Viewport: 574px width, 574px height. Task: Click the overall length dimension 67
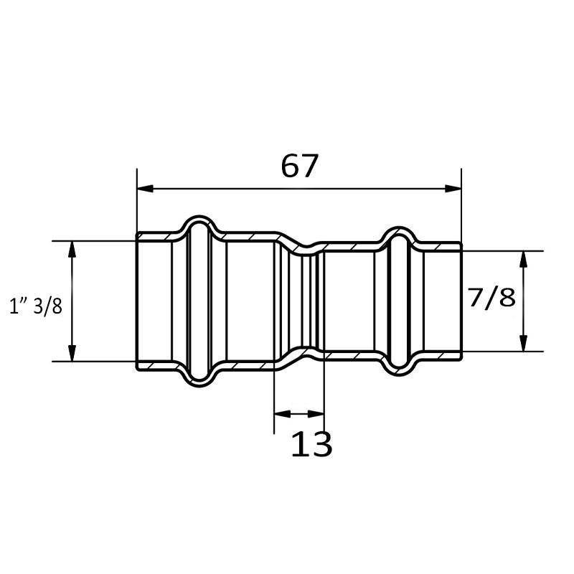298,166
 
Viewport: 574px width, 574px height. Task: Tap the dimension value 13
311,443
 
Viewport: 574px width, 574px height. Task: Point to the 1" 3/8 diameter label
36,306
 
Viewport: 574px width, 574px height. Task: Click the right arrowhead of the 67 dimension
453,189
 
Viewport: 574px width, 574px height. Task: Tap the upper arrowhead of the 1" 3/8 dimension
72,249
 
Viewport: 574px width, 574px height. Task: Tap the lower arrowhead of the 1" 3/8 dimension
72,353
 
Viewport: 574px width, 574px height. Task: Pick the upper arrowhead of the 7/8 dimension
524,259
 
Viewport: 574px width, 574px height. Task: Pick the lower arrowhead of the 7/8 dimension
524,344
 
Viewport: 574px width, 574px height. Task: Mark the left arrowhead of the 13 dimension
282,414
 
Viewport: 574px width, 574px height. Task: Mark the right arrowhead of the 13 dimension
316,414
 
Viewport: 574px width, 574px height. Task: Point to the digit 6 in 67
290,166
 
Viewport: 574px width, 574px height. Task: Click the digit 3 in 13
321,443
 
